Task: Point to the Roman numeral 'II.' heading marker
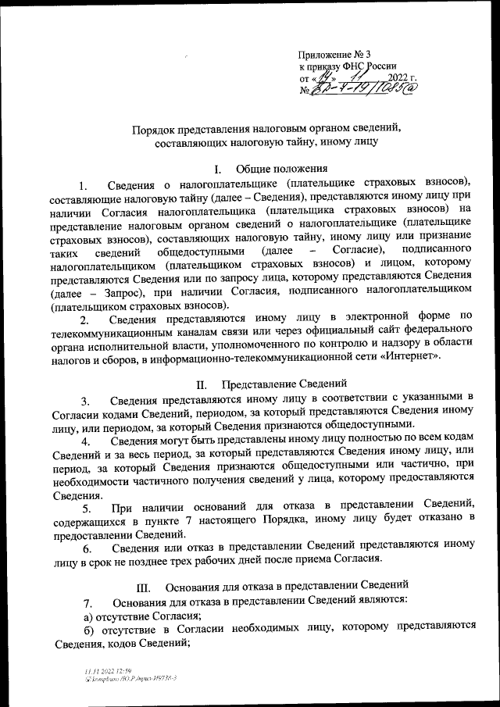point(202,384)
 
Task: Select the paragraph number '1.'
point(85,184)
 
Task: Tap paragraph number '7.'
point(88,602)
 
